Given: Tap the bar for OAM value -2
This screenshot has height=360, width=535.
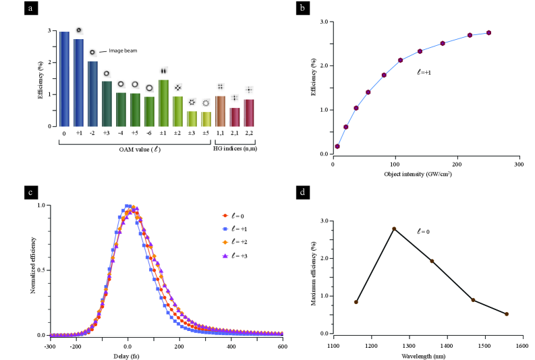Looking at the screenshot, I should click(92, 94).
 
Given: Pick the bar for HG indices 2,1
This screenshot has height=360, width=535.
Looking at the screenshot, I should click(235, 117).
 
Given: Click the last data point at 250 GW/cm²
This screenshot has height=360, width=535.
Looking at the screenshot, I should click(488, 32).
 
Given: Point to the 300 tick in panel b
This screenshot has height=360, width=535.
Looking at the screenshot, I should click(518, 164).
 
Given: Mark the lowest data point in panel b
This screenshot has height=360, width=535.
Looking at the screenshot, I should click(337, 146).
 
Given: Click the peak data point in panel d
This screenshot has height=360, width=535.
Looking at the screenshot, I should click(394, 229).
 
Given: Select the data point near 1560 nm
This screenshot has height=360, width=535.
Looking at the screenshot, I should click(507, 314).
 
